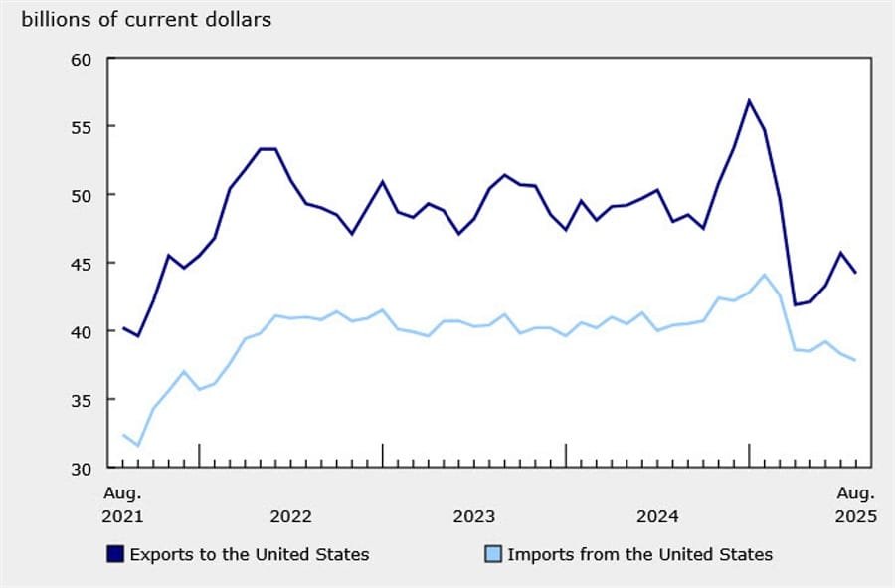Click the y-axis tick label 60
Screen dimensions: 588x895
pyautogui.click(x=82, y=59)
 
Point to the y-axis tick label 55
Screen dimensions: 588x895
pyautogui.click(x=82, y=126)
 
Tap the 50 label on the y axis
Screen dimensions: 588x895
pyautogui.click(x=82, y=195)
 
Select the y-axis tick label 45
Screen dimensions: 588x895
pyautogui.click(x=82, y=263)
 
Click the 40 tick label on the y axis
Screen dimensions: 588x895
pyautogui.click(x=82, y=331)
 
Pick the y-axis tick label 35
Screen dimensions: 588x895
pyautogui.click(x=82, y=399)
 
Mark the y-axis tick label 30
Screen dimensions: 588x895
pyautogui.click(x=82, y=468)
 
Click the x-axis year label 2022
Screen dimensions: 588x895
pyautogui.click(x=290, y=517)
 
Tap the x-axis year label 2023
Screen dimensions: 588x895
pyautogui.click(x=473, y=517)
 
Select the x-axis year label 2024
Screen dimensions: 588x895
pyautogui.click(x=657, y=517)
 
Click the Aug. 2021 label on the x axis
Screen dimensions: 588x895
pyautogui.click(x=123, y=504)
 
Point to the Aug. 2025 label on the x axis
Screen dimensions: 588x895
pyautogui.click(x=855, y=504)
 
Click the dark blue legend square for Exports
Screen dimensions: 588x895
pyautogui.click(x=115, y=554)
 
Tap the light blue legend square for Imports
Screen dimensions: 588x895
pyautogui.click(x=492, y=554)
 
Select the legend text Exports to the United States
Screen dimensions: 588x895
pyautogui.click(x=250, y=554)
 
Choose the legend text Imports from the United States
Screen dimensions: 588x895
pyautogui.click(x=639, y=554)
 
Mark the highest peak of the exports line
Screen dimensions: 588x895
pyautogui.click(x=749, y=100)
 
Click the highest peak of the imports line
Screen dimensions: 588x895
pyautogui.click(x=765, y=275)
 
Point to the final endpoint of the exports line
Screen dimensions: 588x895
pyautogui.click(x=856, y=273)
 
